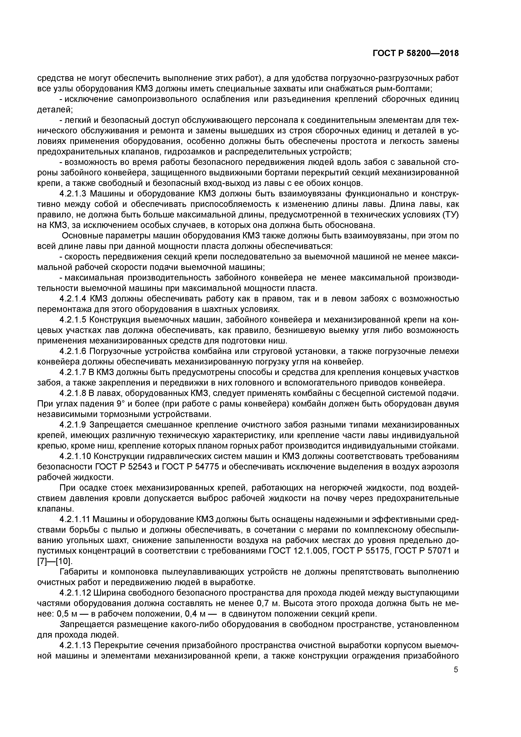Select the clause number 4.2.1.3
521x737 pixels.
pyautogui.click(x=73, y=194)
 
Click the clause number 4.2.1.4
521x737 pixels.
pyautogui.click(x=73, y=299)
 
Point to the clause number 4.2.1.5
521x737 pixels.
pyautogui.click(x=73, y=320)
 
